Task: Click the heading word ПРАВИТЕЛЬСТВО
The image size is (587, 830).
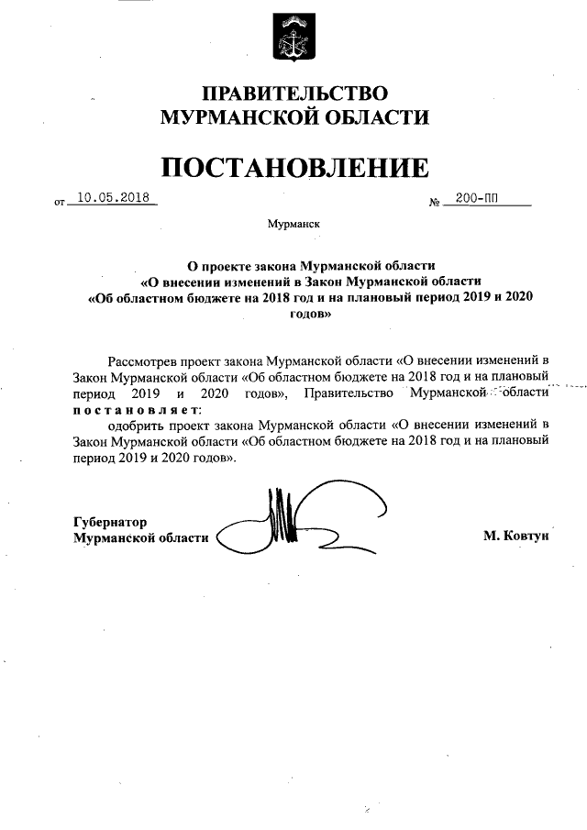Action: coord(294,94)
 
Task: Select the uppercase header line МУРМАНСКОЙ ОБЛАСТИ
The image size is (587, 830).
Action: coord(294,116)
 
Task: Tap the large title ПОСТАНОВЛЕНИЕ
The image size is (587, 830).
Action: coord(294,167)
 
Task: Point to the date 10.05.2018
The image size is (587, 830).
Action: coord(113,197)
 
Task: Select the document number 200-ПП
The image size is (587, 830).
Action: coord(476,198)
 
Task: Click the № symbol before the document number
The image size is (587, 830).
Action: coord(435,201)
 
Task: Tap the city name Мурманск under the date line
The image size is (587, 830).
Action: coord(293,224)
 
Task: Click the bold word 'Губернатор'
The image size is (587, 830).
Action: coord(110,522)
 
